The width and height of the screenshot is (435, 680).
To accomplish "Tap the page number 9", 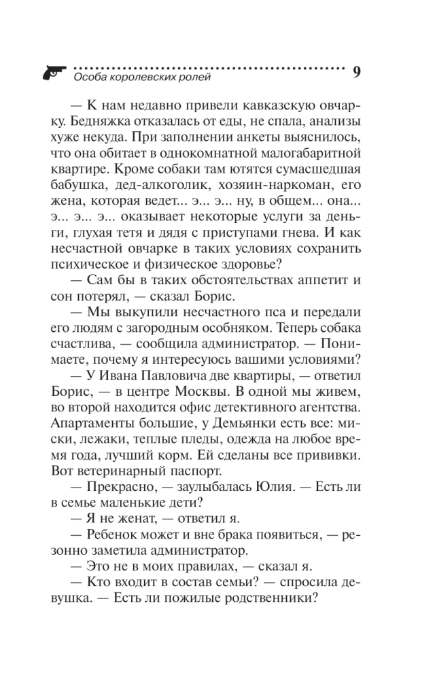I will tap(358, 73).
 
